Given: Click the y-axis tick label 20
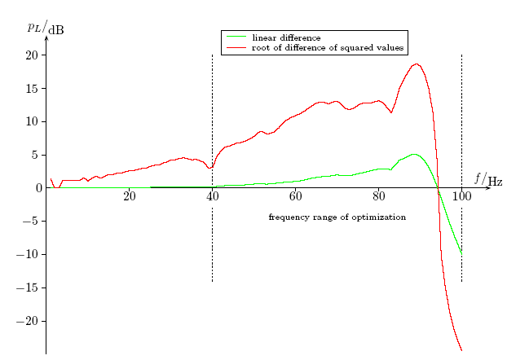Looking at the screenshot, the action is [x=32, y=55].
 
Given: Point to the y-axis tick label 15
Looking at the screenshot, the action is [x=32, y=89].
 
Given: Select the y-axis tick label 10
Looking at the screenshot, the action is [x=32, y=122].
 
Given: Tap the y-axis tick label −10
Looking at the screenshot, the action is [x=27, y=255].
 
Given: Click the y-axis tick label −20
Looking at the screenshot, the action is [x=27, y=322].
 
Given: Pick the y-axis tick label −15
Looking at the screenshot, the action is [x=27, y=288].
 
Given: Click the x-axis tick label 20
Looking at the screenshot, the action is [x=130, y=196].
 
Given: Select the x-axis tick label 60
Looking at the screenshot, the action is [x=296, y=196].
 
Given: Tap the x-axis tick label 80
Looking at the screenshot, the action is [x=379, y=196].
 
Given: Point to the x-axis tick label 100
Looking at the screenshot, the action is [x=461, y=196].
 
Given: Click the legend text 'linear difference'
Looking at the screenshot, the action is [x=286, y=37].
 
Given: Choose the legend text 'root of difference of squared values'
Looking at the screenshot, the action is [x=328, y=48].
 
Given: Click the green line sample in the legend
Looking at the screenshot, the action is [x=236, y=37].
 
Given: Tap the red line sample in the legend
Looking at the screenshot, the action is [x=236, y=47].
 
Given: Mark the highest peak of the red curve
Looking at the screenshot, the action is [x=417, y=64].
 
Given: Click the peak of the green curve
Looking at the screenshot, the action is [x=414, y=155].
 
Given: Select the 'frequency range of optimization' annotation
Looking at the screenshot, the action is [x=337, y=217].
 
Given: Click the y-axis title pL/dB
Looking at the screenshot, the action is [x=46, y=27].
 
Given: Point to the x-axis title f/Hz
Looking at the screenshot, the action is [x=488, y=179].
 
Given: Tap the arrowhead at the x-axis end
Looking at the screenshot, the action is [x=489, y=188].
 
